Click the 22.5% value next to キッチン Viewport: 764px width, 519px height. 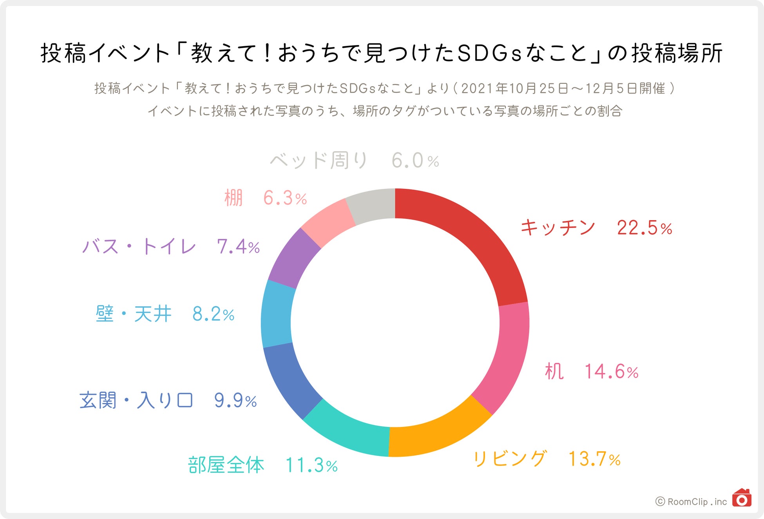(644, 228)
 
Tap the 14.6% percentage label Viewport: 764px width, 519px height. (611, 371)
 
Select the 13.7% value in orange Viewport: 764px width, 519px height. (594, 459)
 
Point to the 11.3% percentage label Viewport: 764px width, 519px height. (311, 465)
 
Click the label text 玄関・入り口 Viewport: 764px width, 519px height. (136, 400)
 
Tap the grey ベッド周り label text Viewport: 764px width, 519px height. (319, 161)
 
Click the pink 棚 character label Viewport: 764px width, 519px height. (234, 198)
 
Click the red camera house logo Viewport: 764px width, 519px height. (741, 498)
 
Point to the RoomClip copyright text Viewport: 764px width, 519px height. (691, 502)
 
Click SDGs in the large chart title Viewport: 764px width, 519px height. (490, 53)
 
